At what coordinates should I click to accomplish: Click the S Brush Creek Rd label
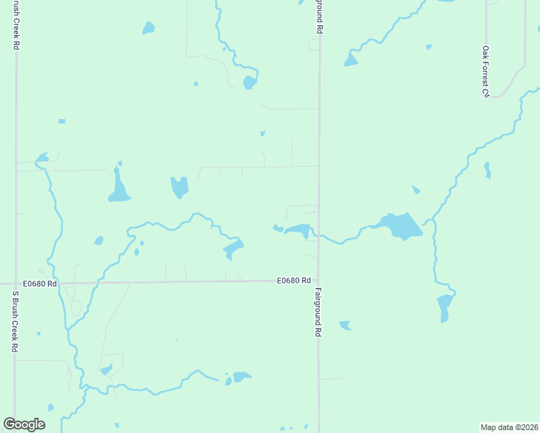(14, 321)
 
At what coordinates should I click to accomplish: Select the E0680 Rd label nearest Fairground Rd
(294, 280)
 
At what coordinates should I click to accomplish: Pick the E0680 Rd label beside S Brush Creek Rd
(40, 284)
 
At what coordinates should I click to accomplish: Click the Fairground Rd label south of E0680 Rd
(317, 313)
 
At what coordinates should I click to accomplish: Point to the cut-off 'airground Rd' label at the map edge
(318, 16)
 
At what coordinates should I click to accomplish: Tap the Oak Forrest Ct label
(486, 71)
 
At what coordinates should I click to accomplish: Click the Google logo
(24, 424)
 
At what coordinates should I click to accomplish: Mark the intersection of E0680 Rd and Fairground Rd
(318, 281)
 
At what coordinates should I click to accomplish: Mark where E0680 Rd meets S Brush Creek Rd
(15, 284)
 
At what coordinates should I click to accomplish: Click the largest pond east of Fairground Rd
(400, 226)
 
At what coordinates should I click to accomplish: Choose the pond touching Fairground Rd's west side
(297, 230)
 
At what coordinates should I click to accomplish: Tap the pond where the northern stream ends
(249, 82)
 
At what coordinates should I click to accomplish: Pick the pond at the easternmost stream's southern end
(444, 307)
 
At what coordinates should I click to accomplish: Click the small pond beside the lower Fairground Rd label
(344, 325)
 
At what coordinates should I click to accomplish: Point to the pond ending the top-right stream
(351, 59)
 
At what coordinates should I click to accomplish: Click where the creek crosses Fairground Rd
(318, 235)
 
